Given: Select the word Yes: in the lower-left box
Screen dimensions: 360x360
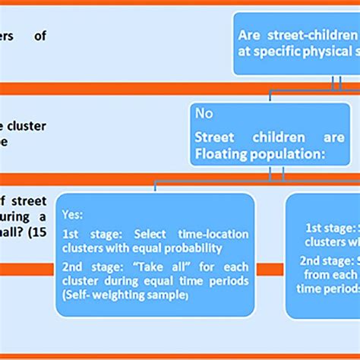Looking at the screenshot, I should tap(74, 215).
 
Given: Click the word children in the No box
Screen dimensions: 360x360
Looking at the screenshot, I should tap(269, 137).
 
